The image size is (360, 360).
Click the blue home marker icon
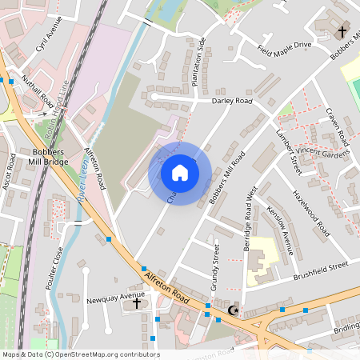[x=180, y=172]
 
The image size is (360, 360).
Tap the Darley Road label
[x=232, y=102]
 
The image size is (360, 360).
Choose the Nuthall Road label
[x=38, y=92]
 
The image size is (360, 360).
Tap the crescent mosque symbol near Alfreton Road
[x=234, y=310]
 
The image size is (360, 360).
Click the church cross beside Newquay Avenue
[x=135, y=303]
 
